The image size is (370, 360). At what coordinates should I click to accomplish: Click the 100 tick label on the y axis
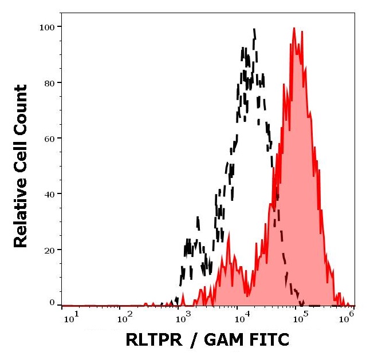[46, 27]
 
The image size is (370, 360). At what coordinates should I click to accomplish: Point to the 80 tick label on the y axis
[49, 82]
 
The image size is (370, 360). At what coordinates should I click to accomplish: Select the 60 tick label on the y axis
[49, 138]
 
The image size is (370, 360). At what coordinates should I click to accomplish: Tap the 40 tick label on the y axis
[49, 194]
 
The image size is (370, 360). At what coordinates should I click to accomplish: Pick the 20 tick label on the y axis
[49, 250]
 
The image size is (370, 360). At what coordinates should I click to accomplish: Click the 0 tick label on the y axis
[52, 302]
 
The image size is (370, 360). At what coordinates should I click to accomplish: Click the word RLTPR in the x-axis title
[153, 340]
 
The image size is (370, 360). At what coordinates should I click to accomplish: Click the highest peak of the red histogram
[294, 28]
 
